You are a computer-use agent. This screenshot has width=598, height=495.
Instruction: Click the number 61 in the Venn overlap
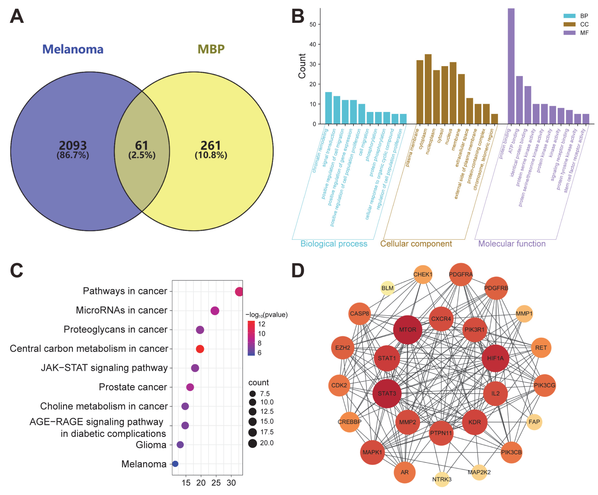[142, 146]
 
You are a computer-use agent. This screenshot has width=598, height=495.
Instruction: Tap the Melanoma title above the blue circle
[73, 49]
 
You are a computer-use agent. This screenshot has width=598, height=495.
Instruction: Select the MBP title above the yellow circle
[211, 49]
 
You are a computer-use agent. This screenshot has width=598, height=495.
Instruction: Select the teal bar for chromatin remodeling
[328, 108]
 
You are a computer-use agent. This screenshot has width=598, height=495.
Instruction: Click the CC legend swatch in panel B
[569, 24]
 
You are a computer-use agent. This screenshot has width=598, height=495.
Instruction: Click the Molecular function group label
[512, 244]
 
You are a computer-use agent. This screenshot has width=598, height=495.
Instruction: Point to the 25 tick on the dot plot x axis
[216, 483]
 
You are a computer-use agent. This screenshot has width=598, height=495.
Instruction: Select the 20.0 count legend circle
[252, 443]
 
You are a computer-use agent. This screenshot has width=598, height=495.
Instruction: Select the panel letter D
[298, 270]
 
